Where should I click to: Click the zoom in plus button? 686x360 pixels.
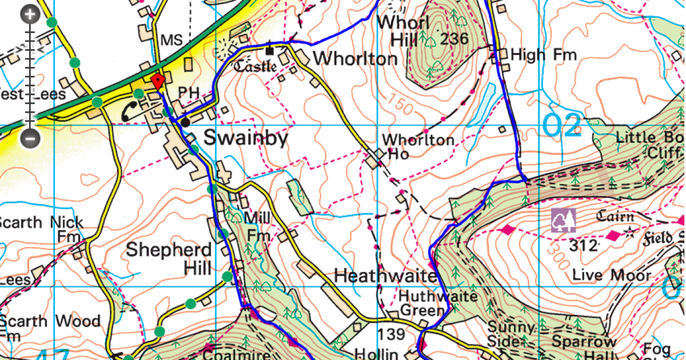(31, 15)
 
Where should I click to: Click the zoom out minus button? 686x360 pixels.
(31, 138)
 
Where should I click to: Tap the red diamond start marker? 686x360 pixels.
(157, 81)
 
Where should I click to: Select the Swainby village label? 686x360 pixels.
(246, 139)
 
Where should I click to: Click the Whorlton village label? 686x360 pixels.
(355, 59)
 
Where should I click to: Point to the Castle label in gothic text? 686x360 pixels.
(256, 65)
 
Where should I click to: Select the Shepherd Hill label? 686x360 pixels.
(169, 258)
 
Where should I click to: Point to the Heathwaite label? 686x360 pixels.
(385, 275)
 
